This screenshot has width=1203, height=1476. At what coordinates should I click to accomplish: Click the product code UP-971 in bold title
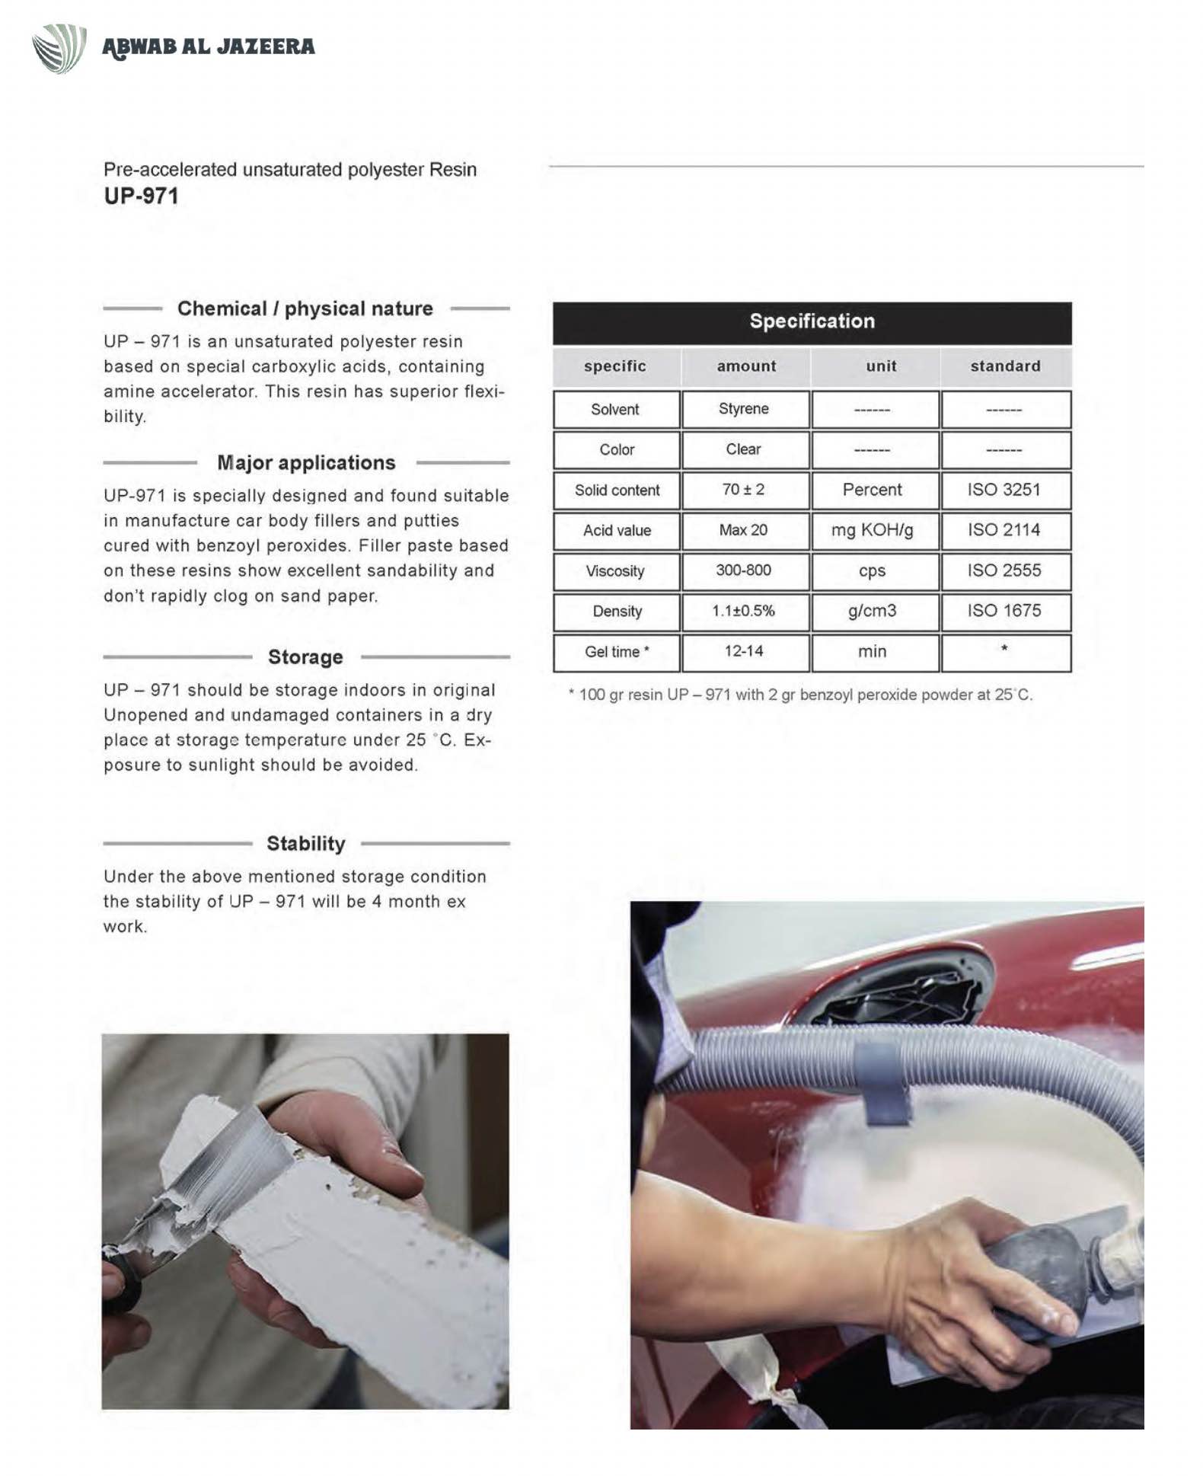(x=142, y=196)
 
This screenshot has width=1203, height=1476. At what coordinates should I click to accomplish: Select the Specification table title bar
(x=812, y=321)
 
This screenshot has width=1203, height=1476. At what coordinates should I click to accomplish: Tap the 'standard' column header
(x=1005, y=366)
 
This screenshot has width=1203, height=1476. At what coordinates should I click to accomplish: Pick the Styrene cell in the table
(x=744, y=409)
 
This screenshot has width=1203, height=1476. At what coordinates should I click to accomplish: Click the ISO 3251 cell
(x=1004, y=490)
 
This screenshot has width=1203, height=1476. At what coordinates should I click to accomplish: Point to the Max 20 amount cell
(x=744, y=530)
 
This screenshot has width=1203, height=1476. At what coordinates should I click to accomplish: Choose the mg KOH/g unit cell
(x=873, y=530)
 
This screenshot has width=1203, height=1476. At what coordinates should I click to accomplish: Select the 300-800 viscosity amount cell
(x=744, y=570)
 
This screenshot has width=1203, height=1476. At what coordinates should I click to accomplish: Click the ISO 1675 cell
(x=1004, y=611)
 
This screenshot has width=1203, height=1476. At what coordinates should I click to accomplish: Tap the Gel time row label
(x=617, y=652)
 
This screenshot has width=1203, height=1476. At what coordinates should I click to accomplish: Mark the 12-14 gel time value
(x=744, y=651)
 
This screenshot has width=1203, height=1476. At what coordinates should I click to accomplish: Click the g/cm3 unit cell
(x=873, y=611)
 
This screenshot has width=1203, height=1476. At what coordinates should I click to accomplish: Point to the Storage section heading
(x=305, y=657)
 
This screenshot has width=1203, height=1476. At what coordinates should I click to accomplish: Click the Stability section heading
(x=306, y=844)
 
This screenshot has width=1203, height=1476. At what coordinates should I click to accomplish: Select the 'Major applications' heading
(x=306, y=463)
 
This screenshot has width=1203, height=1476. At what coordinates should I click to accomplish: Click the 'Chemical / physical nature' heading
(x=305, y=308)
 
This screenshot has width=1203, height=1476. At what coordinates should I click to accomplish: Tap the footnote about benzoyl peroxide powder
(x=800, y=695)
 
